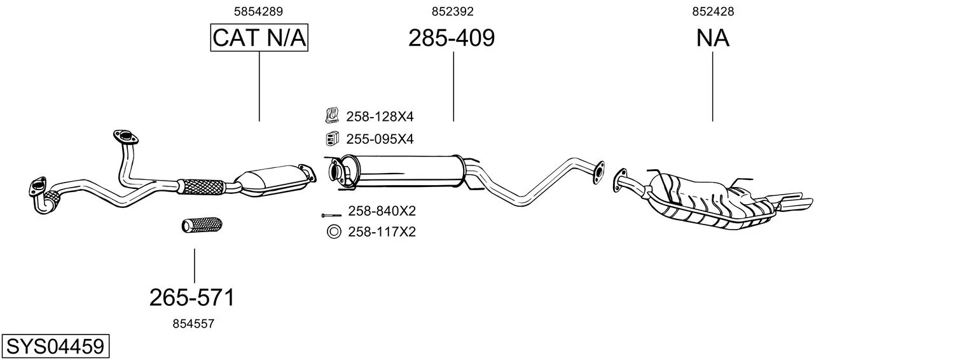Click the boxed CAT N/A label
pyautogui.click(x=259, y=38)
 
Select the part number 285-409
pyautogui.click(x=452, y=38)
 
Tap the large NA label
pyautogui.click(x=712, y=38)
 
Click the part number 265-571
pyautogui.click(x=192, y=298)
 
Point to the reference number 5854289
pyautogui.click(x=258, y=11)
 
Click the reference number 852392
pyautogui.click(x=452, y=11)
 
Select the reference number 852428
pyautogui.click(x=713, y=11)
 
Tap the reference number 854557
pyautogui.click(x=193, y=324)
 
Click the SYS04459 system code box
pyautogui.click(x=55, y=346)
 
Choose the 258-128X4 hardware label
pyautogui.click(x=380, y=116)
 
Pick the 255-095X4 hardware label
pyautogui.click(x=380, y=139)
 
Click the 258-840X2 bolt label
pyautogui.click(x=382, y=211)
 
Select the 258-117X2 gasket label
pyautogui.click(x=382, y=232)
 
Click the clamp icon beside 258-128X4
pyautogui.click(x=333, y=115)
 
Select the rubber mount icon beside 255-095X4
pyautogui.click(x=333, y=139)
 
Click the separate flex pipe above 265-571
pyautogui.click(x=202, y=225)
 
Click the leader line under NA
pyautogui.click(x=712, y=87)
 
